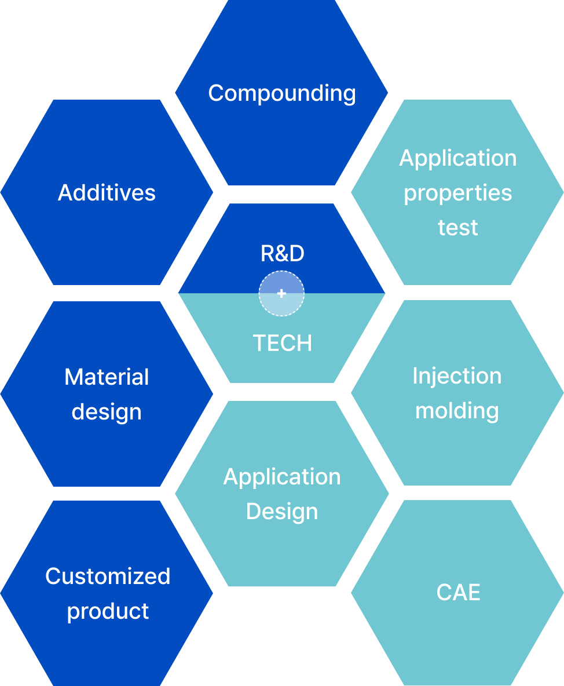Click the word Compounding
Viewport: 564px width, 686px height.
[282, 94]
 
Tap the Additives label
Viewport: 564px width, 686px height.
[107, 192]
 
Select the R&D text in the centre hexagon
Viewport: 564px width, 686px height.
[283, 253]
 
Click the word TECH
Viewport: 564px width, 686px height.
[283, 343]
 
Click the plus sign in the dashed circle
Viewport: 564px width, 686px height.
[281, 293]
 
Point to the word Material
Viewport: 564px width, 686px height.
[107, 377]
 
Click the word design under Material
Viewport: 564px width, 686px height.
[107, 413]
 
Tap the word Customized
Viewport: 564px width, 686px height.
[108, 576]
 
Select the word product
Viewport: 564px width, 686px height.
[108, 612]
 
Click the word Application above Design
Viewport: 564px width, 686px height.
[282, 477]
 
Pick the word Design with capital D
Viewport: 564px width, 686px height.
[282, 512]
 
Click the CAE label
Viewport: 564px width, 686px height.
[458, 593]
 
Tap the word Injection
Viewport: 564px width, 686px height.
[457, 376]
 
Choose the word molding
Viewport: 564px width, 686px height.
[457, 411]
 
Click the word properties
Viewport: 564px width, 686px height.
[458, 194]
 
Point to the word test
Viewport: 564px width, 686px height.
[458, 228]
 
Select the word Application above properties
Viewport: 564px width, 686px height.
[458, 158]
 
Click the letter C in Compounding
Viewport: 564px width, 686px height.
[216, 93]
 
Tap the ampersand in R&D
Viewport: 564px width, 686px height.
[282, 253]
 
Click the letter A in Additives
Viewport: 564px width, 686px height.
[66, 192]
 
